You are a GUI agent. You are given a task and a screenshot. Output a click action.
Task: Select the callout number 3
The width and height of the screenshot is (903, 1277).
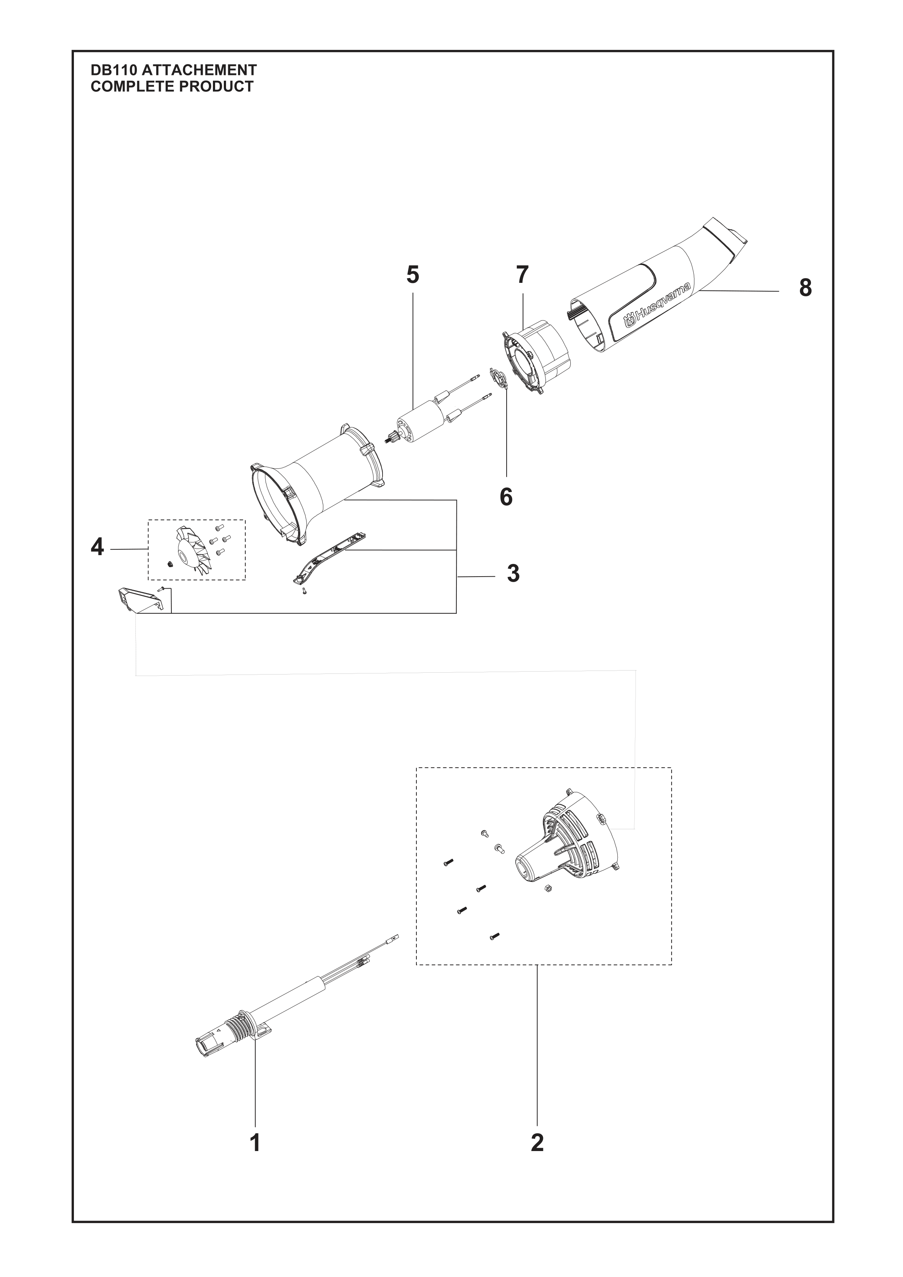[513, 573]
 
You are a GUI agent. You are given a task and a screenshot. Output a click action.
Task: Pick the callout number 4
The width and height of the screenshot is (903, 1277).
[97, 547]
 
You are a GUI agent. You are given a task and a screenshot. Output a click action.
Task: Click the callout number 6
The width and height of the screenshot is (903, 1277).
[506, 497]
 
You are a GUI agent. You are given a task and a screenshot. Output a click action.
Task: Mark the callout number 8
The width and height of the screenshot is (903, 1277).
[805, 288]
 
